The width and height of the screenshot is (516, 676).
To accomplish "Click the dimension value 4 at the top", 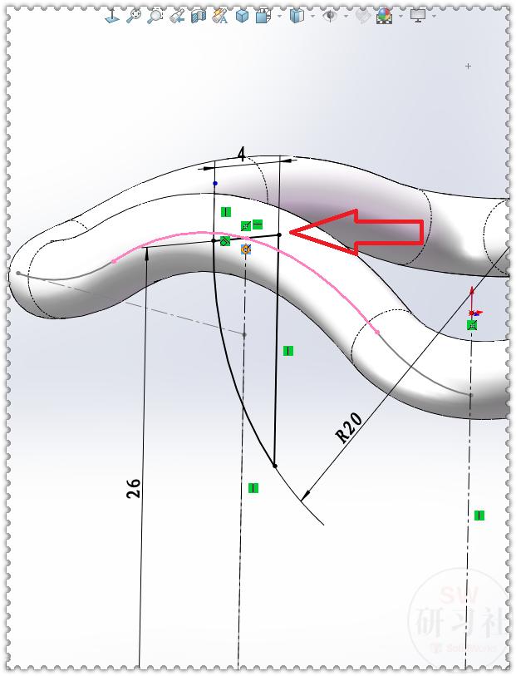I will [x=241, y=155].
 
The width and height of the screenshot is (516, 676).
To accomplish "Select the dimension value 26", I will [x=134, y=487].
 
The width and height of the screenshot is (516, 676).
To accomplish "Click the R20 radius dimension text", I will [x=349, y=428].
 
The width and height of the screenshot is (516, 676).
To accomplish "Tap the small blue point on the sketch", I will [x=215, y=183].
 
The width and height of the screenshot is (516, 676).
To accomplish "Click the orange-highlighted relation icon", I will [x=246, y=249].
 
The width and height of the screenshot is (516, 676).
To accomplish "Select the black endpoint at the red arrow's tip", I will [x=279, y=235].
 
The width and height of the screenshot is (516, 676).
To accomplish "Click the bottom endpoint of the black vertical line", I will [x=275, y=466].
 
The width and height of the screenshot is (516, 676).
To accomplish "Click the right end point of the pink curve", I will [x=377, y=332].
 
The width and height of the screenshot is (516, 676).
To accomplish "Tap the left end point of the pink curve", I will [x=115, y=261].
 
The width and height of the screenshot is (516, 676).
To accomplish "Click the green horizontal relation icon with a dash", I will [x=258, y=224].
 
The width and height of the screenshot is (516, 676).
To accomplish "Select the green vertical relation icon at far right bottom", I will [x=479, y=516].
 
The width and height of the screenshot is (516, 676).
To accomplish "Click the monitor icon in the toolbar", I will [x=417, y=15].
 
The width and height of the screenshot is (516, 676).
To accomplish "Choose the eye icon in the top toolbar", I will [x=330, y=15].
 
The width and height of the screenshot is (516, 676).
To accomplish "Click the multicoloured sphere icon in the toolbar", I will [x=384, y=15].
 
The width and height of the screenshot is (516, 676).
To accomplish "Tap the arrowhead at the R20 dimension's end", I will [x=304, y=496].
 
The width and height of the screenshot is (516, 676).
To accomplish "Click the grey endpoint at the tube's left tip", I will [x=17, y=273].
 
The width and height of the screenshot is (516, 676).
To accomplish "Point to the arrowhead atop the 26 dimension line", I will [x=147, y=251].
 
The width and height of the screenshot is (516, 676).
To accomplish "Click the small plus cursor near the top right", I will [x=469, y=66].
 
